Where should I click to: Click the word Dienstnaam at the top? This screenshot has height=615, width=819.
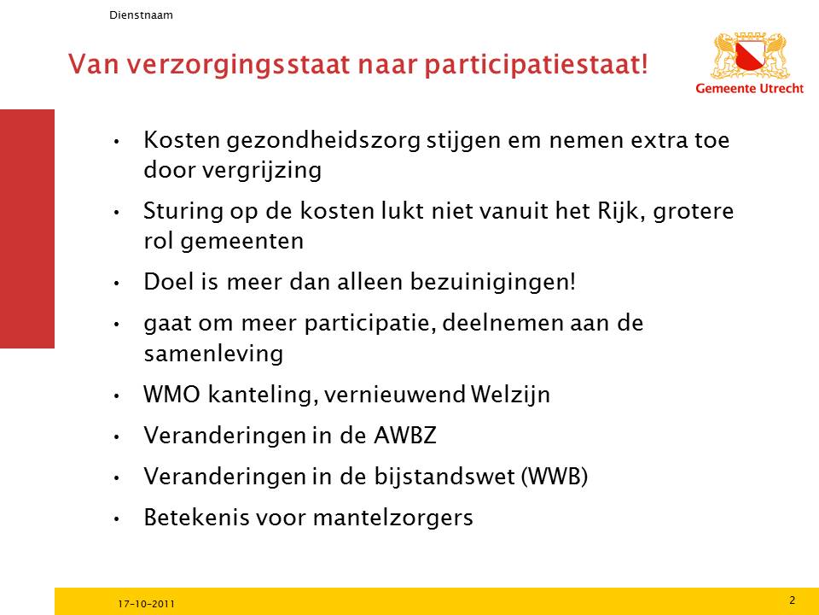click(x=141, y=15)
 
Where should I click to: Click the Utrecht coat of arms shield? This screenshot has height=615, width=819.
click(x=750, y=56)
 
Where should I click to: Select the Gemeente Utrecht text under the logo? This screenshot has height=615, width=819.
click(x=750, y=88)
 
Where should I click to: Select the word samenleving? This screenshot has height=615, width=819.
click(x=213, y=354)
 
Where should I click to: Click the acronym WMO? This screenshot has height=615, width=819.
click(x=171, y=395)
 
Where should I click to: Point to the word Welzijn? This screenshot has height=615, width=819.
click(x=510, y=395)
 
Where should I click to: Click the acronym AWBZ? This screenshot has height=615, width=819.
click(x=405, y=436)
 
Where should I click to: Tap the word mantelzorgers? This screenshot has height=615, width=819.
click(x=392, y=518)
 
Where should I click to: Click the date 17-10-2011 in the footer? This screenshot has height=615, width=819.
click(x=146, y=604)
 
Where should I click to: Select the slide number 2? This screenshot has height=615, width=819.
click(x=792, y=600)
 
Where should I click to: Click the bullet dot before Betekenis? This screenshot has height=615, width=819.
click(x=117, y=519)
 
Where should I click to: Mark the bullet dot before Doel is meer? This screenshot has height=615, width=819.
click(x=117, y=284)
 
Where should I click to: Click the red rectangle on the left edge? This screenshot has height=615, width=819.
click(x=27, y=229)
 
